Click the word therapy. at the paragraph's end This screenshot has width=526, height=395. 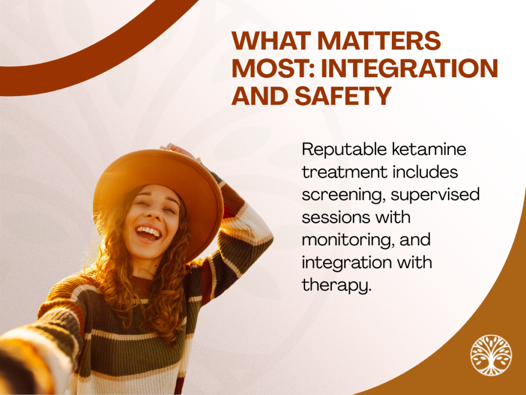[336, 285]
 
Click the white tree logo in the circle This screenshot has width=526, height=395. [491, 355]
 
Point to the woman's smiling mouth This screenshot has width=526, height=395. [147, 233]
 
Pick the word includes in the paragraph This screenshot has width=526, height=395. [425, 172]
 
